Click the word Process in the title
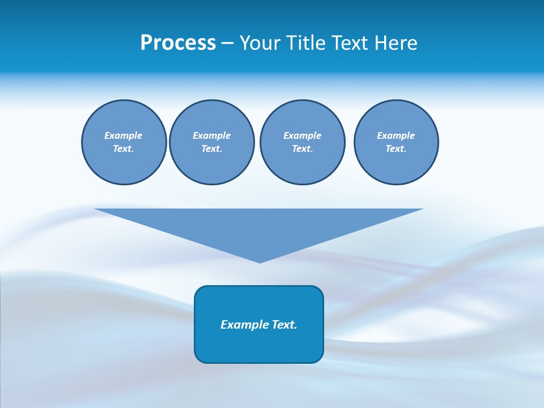coord(178,43)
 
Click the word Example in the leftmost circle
coord(124,135)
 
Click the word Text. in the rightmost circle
coord(396,148)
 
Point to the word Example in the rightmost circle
coord(396,135)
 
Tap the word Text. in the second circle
coord(211,148)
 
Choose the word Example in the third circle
coord(302,135)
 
